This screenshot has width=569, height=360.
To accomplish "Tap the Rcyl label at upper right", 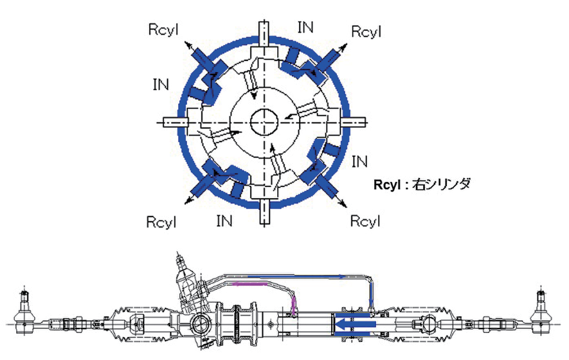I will point(366,31).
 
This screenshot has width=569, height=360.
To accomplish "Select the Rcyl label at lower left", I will point(162,221).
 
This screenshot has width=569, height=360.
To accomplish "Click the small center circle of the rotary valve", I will point(263,121).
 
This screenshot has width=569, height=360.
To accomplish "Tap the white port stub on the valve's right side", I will point(355,122).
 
